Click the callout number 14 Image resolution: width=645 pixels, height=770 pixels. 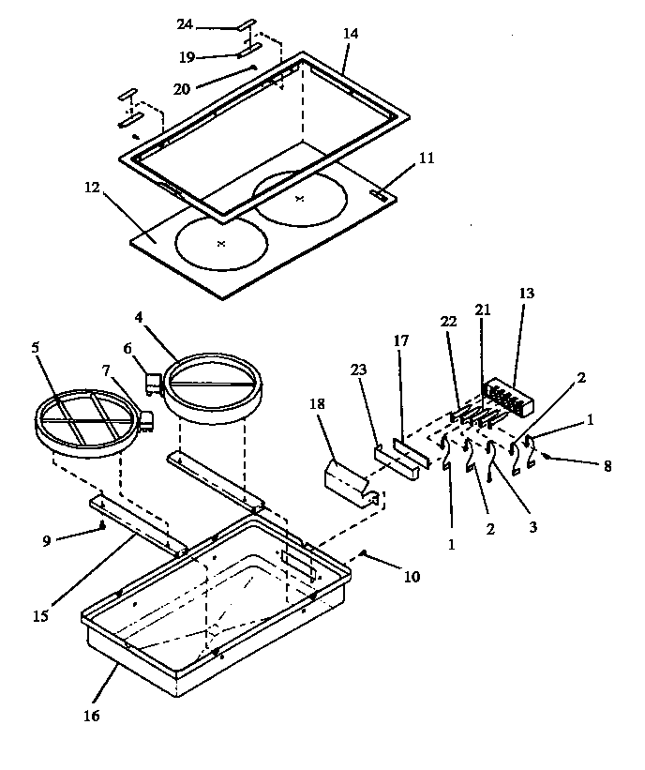coord(351,33)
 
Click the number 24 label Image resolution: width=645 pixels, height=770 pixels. coord(185,23)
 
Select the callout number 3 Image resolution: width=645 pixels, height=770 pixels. coord(532,527)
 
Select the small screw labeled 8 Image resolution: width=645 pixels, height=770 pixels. coord(546,458)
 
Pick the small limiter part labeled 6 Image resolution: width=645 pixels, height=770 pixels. coord(151,380)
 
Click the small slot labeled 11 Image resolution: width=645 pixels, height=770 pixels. coord(380,195)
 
